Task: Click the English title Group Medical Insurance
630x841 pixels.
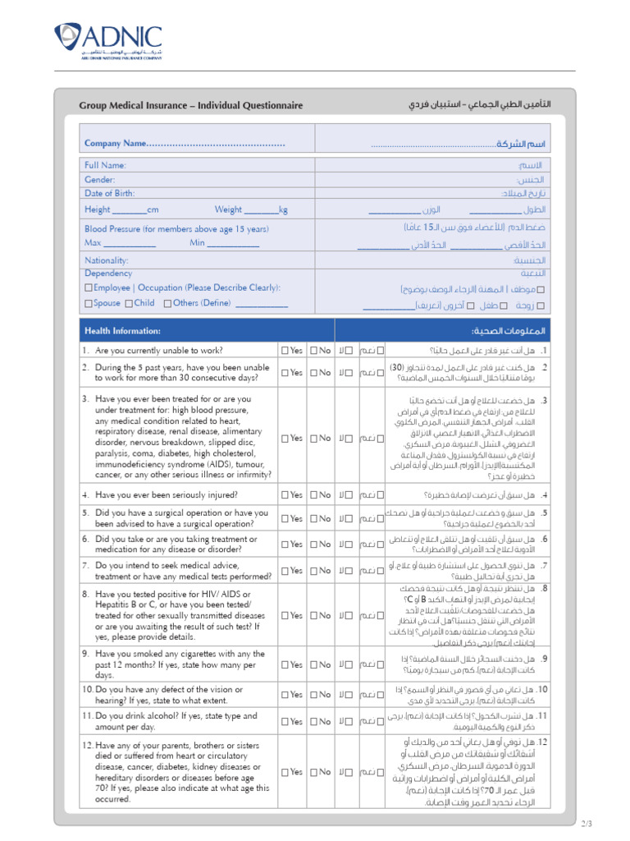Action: point(190,105)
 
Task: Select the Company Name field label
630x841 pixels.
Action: point(116,144)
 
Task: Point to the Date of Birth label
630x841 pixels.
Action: point(110,194)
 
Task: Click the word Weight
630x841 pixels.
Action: point(228,210)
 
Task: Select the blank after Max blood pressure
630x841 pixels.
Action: point(130,244)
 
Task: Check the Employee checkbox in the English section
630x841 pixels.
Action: point(89,288)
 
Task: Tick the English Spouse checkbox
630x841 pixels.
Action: point(89,303)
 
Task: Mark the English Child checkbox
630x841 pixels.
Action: point(129,303)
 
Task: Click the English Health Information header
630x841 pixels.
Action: point(122,331)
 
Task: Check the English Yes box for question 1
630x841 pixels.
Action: point(285,351)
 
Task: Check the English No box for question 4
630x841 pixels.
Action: point(314,495)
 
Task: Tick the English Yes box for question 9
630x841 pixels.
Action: point(285,664)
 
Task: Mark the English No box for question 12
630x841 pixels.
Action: point(314,772)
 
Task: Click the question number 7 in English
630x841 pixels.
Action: point(84,565)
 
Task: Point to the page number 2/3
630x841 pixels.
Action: point(587,824)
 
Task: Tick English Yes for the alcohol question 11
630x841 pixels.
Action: point(285,722)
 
